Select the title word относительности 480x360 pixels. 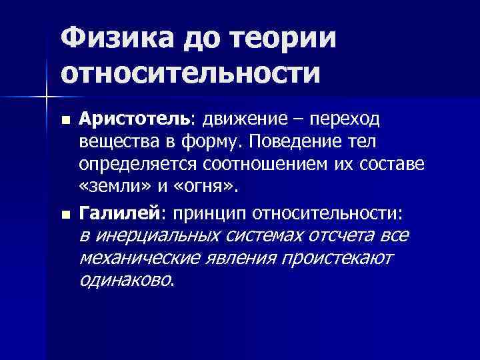[x=189, y=71]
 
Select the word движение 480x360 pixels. [x=244, y=119]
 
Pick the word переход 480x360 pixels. [x=344, y=119]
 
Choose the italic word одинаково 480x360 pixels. [x=125, y=281]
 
